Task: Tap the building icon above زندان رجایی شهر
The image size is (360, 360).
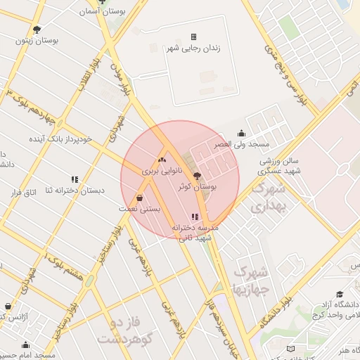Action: click(194, 37)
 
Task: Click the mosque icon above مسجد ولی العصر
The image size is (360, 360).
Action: click(243, 133)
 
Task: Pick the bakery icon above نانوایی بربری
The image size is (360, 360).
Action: click(162, 160)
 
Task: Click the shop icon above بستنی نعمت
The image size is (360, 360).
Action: click(141, 198)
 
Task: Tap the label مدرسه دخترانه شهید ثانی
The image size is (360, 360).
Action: click(195, 233)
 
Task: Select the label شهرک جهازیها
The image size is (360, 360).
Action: click(250, 279)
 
